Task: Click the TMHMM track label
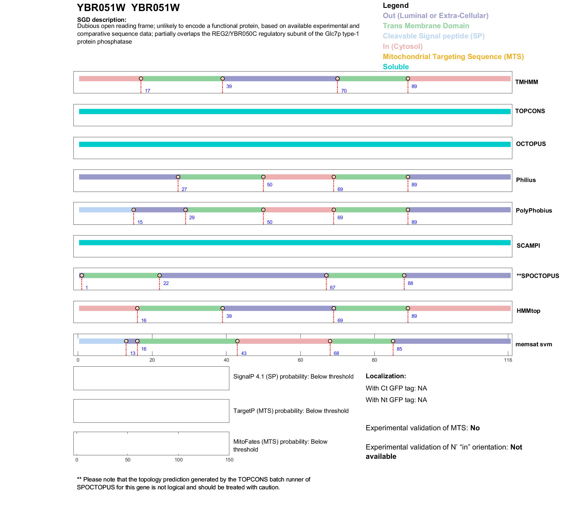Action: pyautogui.click(x=526, y=82)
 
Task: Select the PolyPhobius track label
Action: pyautogui.click(x=533, y=210)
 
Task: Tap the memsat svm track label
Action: pyautogui.click(x=533, y=344)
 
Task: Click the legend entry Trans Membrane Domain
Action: pyautogui.click(x=426, y=26)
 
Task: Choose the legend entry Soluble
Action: pyautogui.click(x=396, y=67)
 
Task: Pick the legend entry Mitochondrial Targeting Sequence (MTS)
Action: pyautogui.click(x=453, y=57)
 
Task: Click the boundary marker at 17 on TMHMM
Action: pyautogui.click(x=141, y=79)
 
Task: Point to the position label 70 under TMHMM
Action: pyautogui.click(x=344, y=91)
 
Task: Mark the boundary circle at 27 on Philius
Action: pyautogui.click(x=178, y=177)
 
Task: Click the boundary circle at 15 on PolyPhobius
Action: pyautogui.click(x=134, y=210)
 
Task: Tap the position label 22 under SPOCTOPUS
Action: pyautogui.click(x=166, y=283)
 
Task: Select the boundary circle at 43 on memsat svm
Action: pyautogui.click(x=237, y=341)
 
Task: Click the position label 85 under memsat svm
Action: pyautogui.click(x=399, y=349)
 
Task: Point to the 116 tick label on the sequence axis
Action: pyautogui.click(x=508, y=360)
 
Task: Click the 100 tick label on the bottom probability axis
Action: pyautogui.click(x=179, y=460)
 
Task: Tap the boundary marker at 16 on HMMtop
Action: pyautogui.click(x=137, y=308)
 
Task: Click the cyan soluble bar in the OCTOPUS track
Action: pyautogui.click(x=295, y=144)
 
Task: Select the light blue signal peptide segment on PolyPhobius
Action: pyautogui.click(x=106, y=210)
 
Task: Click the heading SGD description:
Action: pyautogui.click(x=102, y=20)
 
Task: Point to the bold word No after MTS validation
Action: pyautogui.click(x=475, y=428)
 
